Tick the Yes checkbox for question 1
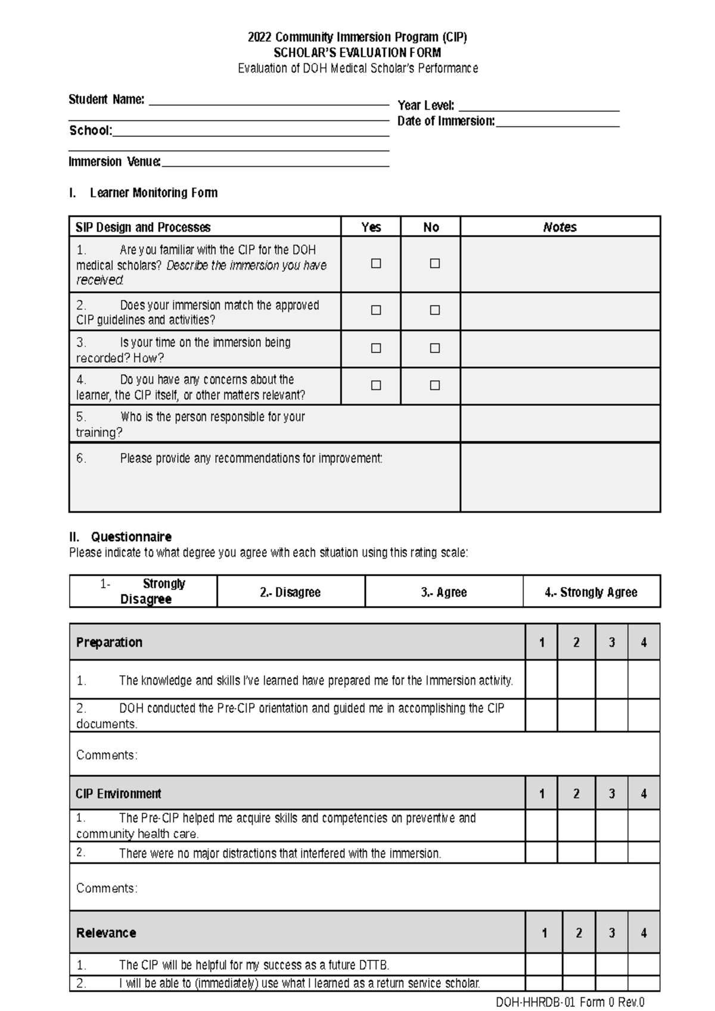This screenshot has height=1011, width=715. (376, 263)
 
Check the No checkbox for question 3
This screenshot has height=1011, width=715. (435, 348)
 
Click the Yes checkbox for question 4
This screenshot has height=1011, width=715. (376, 385)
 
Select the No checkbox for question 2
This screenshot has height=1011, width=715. (435, 310)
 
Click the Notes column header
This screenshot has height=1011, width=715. (559, 227)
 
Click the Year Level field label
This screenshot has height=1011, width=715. (425, 106)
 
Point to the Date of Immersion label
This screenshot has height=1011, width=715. (446, 121)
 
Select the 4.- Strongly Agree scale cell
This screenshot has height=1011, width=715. (591, 592)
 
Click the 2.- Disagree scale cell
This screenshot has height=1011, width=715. (290, 592)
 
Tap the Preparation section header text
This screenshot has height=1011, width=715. (109, 642)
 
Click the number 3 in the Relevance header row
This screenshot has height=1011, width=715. (611, 933)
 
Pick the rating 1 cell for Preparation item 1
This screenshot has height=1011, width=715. (541, 679)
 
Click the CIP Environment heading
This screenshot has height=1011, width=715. (118, 794)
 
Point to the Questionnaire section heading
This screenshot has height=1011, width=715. (131, 536)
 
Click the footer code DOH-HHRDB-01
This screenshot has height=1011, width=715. (534, 1003)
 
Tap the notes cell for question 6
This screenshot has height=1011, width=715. (560, 477)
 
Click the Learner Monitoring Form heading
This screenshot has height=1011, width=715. (153, 193)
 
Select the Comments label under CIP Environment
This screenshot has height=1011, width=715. (107, 888)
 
